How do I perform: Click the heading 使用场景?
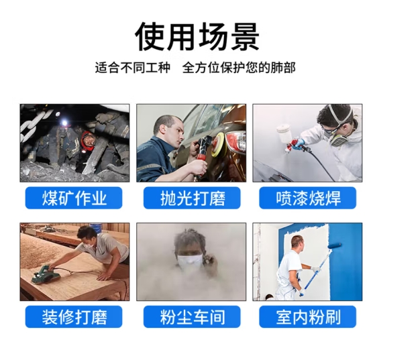tap(197, 36)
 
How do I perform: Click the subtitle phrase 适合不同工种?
tap(132, 68)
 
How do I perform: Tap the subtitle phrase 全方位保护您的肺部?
tap(239, 68)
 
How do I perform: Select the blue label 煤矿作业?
tap(74, 198)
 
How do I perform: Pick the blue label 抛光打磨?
tap(192, 198)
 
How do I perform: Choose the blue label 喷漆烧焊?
tap(308, 198)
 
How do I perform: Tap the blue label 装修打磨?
tap(74, 316)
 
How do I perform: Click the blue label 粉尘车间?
tap(192, 316)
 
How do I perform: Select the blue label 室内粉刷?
tap(308, 316)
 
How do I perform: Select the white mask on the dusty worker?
tap(190, 261)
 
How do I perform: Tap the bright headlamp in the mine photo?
tap(64, 123)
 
